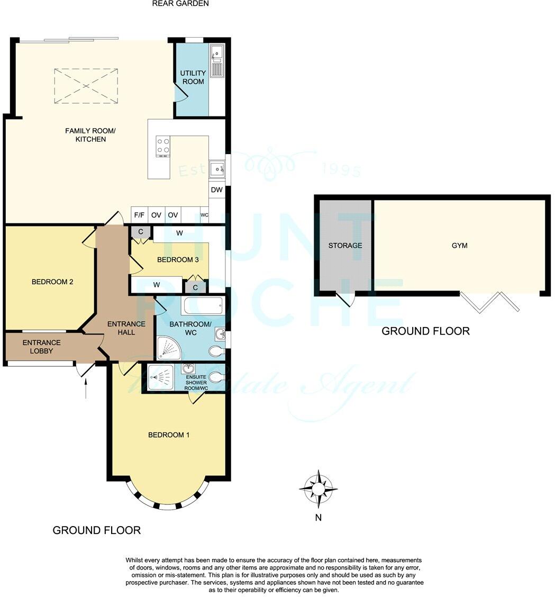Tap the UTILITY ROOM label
[193, 77]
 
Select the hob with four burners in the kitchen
[163, 147]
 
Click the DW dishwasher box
[217, 190]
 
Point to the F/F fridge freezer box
[140, 215]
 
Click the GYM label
[459, 246]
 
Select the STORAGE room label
[345, 246]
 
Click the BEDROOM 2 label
[52, 282]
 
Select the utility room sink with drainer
[217, 61]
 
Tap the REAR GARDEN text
[180, 4]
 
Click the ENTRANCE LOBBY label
[41, 347]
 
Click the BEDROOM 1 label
[168, 435]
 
